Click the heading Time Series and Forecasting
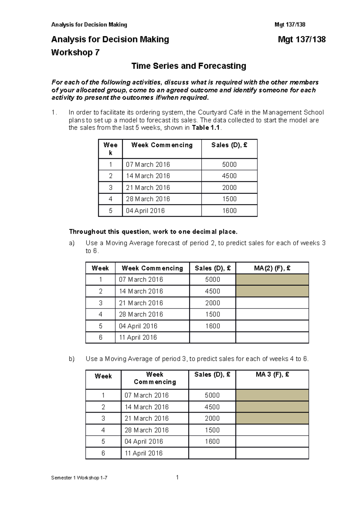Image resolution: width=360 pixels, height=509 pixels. click(189, 66)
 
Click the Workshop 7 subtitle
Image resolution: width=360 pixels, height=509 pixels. click(75, 52)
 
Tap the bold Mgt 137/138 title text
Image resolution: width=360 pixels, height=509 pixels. click(301, 40)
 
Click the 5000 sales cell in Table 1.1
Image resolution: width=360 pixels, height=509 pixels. click(229, 164)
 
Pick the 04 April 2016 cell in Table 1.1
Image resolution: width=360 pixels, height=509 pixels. click(145, 210)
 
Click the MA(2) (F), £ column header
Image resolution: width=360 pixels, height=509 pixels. click(272, 268)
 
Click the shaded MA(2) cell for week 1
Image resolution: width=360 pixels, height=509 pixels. click(272, 279)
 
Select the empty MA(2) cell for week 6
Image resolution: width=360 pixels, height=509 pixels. click(272, 337)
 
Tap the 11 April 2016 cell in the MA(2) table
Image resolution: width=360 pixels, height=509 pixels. click(138, 337)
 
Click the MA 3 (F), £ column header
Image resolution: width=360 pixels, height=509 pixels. click(272, 374)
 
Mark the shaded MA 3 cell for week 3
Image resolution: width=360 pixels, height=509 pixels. click(272, 418)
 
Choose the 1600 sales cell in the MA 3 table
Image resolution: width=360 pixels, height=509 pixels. click(212, 441)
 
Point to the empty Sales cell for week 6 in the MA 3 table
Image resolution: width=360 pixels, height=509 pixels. click(212, 453)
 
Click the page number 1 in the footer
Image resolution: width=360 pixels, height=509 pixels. click(177, 477)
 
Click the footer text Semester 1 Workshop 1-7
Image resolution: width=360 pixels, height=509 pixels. click(79, 478)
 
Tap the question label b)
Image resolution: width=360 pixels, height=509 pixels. click(71, 359)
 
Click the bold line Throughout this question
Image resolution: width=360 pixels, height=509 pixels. click(153, 232)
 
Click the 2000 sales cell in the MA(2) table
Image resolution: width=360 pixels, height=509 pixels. click(212, 303)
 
